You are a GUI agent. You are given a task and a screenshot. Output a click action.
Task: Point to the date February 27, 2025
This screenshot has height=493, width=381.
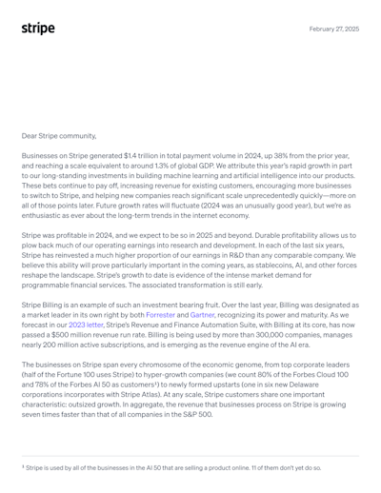(334, 29)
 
